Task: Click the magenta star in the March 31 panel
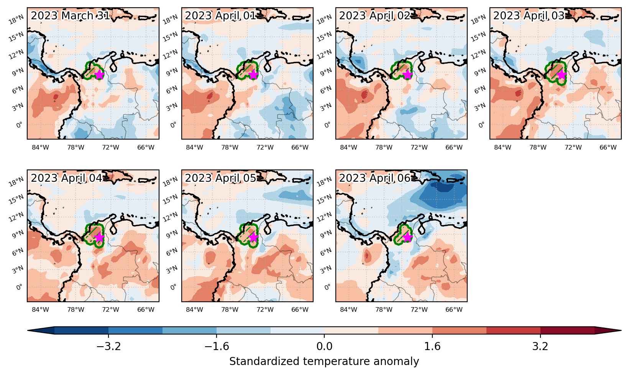pyautogui.click(x=99, y=75)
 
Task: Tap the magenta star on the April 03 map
pyautogui.click(x=562, y=75)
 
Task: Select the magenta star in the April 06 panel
pyautogui.click(x=407, y=237)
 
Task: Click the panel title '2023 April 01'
pyautogui.click(x=220, y=15)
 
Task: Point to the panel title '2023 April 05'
pyautogui.click(x=220, y=178)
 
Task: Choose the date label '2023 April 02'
pyautogui.click(x=374, y=15)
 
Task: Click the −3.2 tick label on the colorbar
pyautogui.click(x=108, y=346)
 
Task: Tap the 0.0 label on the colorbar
pyautogui.click(x=324, y=346)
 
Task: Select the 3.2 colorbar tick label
pyautogui.click(x=540, y=346)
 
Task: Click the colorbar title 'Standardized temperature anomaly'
pyautogui.click(x=324, y=361)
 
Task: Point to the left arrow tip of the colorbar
pyautogui.click(x=28, y=331)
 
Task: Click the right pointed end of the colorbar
pyautogui.click(x=621, y=331)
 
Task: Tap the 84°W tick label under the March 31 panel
pyautogui.click(x=40, y=147)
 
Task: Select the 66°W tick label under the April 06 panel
pyautogui.click(x=454, y=309)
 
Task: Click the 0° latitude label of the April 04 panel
pyautogui.click(x=20, y=287)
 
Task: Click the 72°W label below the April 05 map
pyautogui.click(x=265, y=309)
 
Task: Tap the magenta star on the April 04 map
pyautogui.click(x=99, y=237)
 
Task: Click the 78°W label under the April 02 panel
pyautogui.click(x=384, y=147)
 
